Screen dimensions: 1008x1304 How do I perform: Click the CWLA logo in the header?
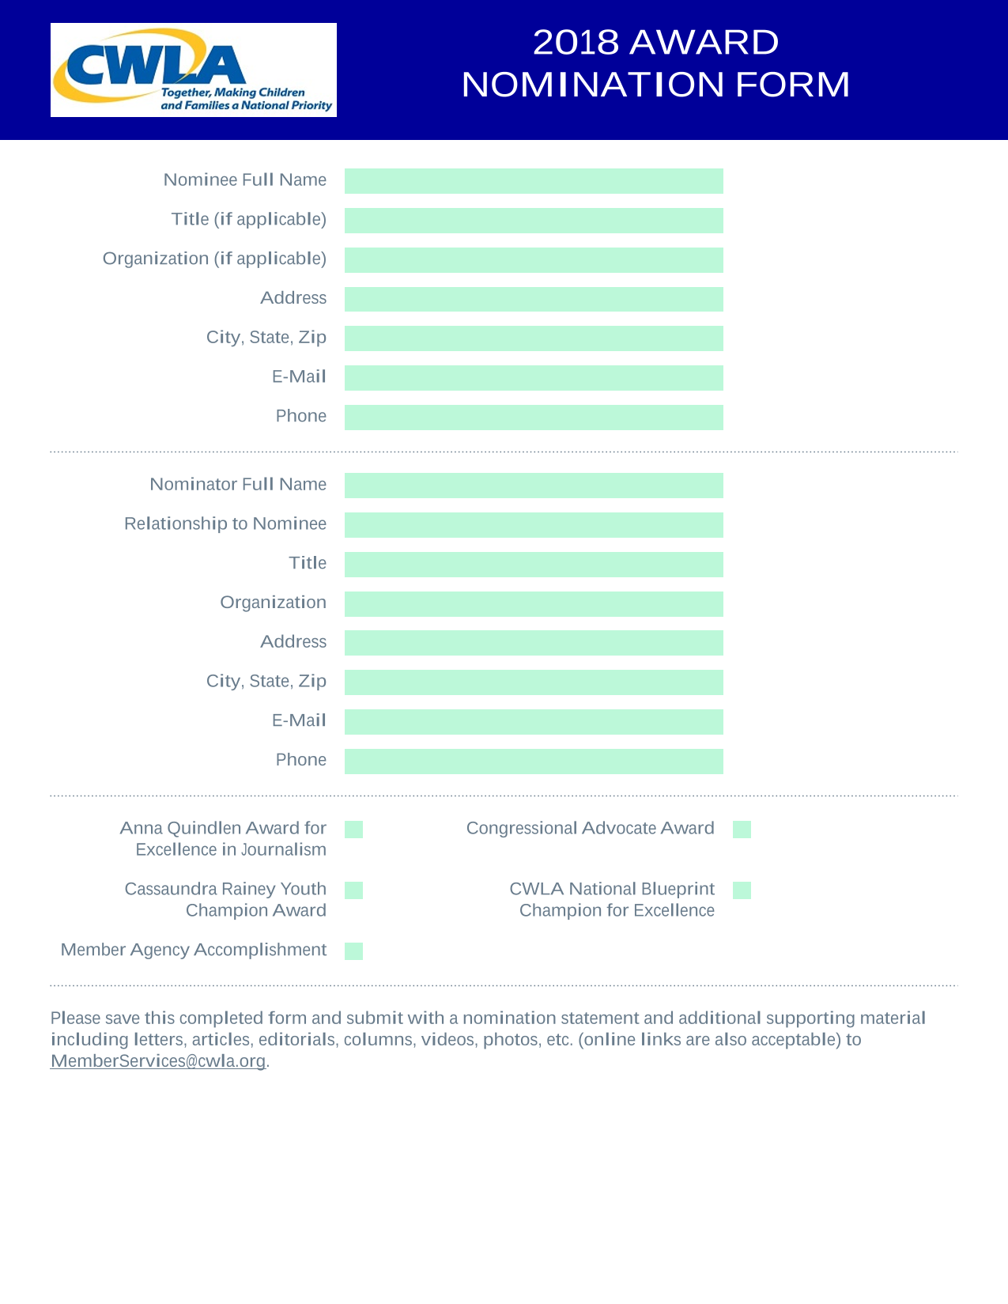point(193,70)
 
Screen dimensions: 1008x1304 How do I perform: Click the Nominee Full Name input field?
point(534,180)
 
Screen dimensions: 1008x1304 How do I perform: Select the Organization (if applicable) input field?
point(534,260)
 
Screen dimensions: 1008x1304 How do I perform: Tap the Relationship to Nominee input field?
point(534,524)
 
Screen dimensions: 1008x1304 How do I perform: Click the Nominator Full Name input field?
point(534,485)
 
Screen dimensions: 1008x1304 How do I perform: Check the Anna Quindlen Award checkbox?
point(354,829)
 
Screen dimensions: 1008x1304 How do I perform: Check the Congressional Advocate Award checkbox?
point(742,829)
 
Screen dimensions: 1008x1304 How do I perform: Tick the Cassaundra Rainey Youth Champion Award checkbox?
point(354,890)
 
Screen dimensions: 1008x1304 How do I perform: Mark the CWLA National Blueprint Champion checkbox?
point(742,890)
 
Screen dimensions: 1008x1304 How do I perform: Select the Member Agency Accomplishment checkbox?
point(354,951)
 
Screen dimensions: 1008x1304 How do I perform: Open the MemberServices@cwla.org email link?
point(158,1061)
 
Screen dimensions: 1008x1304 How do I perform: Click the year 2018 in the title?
point(576,42)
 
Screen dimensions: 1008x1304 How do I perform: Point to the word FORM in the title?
point(793,84)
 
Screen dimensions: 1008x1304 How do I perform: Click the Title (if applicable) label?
point(249,220)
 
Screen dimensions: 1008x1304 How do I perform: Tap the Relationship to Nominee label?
point(225,523)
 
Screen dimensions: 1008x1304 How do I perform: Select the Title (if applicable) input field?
point(534,221)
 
